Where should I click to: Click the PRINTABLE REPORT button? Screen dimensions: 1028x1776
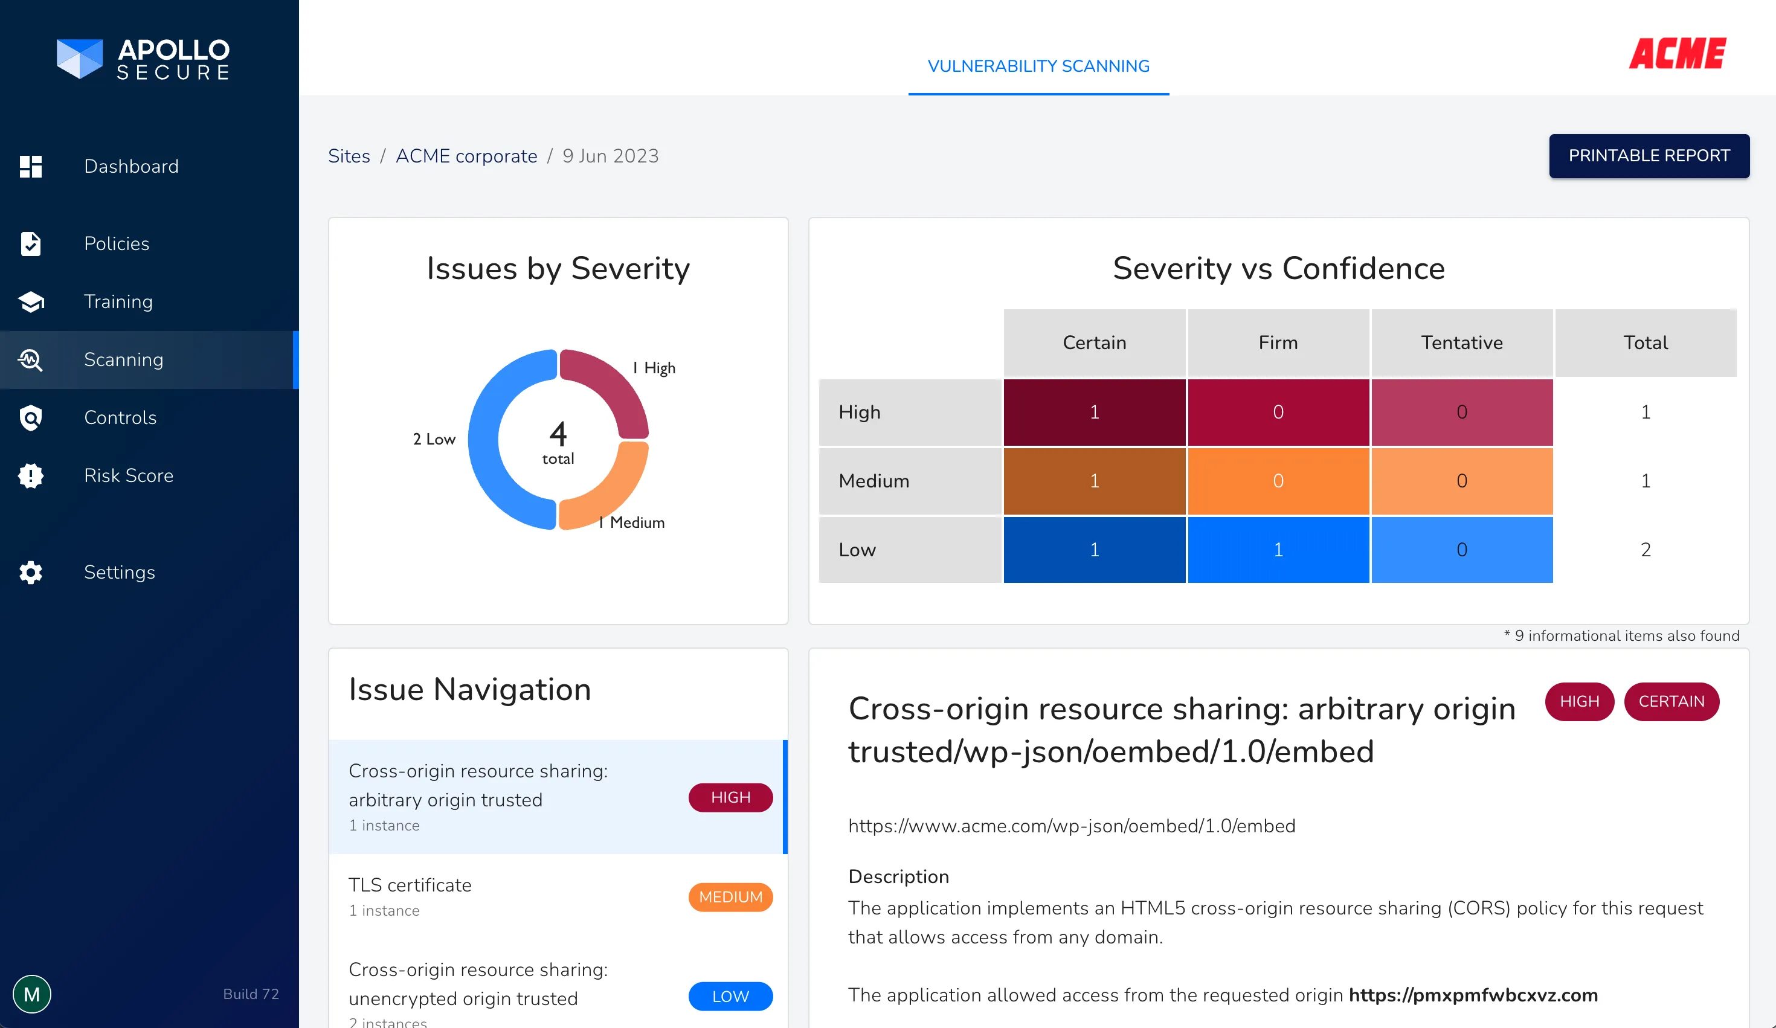(x=1649, y=156)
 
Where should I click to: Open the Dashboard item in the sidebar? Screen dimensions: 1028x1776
(x=131, y=166)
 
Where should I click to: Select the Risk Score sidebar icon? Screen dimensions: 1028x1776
(x=30, y=475)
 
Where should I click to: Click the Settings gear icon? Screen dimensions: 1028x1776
(x=30, y=572)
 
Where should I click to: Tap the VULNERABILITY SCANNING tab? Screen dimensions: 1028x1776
(x=1038, y=66)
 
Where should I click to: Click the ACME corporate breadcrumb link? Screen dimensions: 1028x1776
(x=466, y=156)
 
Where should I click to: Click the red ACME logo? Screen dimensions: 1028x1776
(x=1678, y=54)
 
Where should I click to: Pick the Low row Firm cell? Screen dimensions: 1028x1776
(x=1278, y=550)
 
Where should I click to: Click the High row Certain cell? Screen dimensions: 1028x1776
(x=1094, y=412)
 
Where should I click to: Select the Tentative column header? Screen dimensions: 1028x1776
(x=1462, y=342)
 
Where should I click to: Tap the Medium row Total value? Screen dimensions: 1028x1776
(x=1645, y=481)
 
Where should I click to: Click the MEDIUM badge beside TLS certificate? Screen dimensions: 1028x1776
(x=730, y=897)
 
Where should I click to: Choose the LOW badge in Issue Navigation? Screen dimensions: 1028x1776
(x=730, y=997)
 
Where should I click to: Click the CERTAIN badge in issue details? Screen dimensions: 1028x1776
(x=1671, y=701)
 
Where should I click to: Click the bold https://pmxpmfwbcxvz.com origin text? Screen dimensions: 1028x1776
(x=1473, y=995)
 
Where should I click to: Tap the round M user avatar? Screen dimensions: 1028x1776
(x=31, y=994)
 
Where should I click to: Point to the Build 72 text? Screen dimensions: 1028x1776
(x=251, y=994)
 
